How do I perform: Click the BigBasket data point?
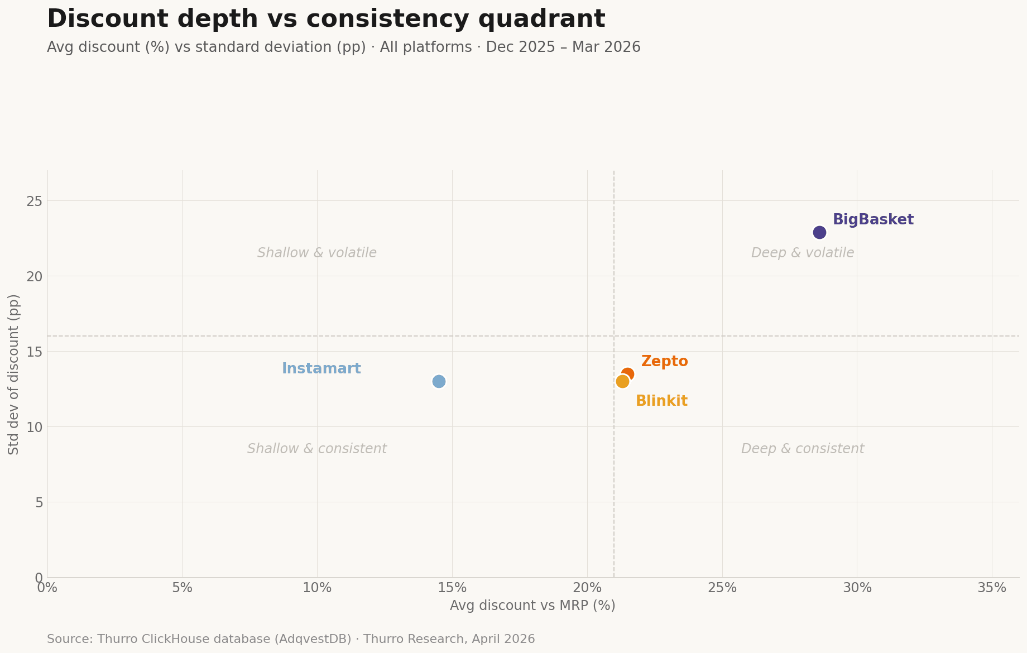point(819,232)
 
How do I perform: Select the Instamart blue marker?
point(439,381)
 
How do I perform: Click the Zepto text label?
point(664,362)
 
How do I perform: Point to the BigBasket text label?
point(873,220)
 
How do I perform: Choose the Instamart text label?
point(321,369)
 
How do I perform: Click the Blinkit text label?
point(661,401)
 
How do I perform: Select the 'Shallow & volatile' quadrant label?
point(317,253)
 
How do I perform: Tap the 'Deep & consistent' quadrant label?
point(802,449)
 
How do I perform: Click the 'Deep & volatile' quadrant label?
point(802,253)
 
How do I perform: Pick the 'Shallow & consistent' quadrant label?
point(317,449)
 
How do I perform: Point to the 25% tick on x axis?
point(722,588)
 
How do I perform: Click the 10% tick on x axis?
point(317,588)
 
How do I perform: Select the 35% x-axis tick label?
point(992,588)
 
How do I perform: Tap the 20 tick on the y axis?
point(35,276)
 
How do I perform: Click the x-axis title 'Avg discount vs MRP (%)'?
point(532,606)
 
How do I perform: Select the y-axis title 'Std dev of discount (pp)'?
point(14,374)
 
